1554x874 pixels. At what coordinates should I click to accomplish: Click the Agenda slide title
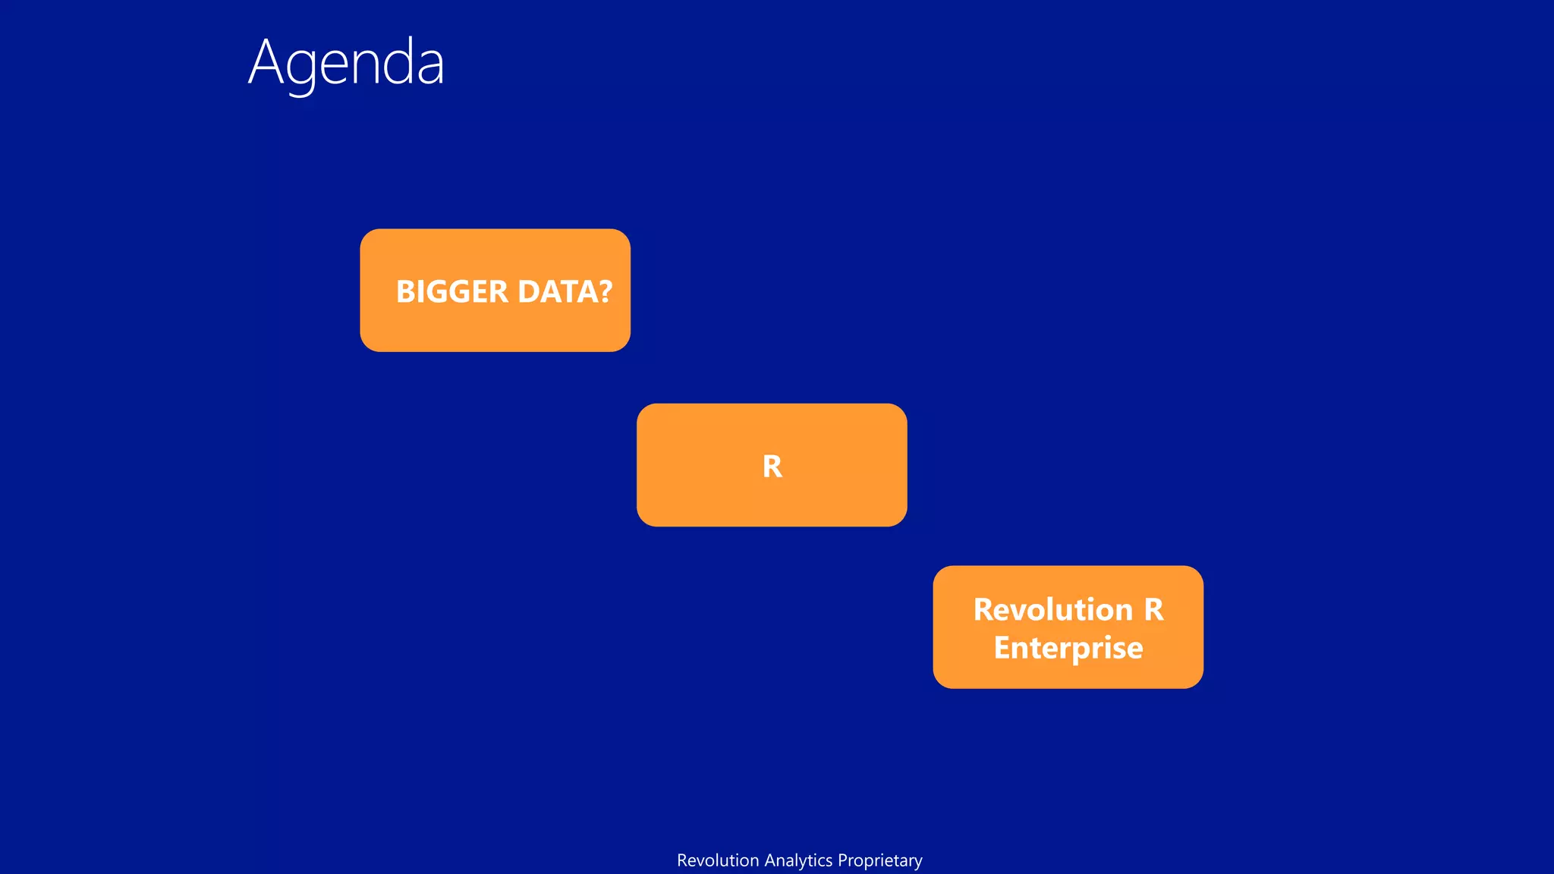pos(346,63)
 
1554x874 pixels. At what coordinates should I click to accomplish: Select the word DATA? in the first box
pos(565,291)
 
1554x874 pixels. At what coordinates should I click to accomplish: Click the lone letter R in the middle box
pos(772,466)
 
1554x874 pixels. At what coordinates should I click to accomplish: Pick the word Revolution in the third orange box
pos(1052,609)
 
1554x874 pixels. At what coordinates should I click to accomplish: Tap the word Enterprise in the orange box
pos(1068,648)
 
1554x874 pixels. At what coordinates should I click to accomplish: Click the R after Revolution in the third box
pos(1153,609)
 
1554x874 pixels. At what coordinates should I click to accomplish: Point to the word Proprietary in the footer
pos(880,860)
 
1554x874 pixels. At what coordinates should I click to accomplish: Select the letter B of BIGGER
pos(405,291)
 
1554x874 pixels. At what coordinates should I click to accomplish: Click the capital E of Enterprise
pos(1003,648)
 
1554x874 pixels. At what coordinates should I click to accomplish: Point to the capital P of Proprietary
pos(842,860)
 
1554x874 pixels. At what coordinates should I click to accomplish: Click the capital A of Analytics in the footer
pos(769,860)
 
